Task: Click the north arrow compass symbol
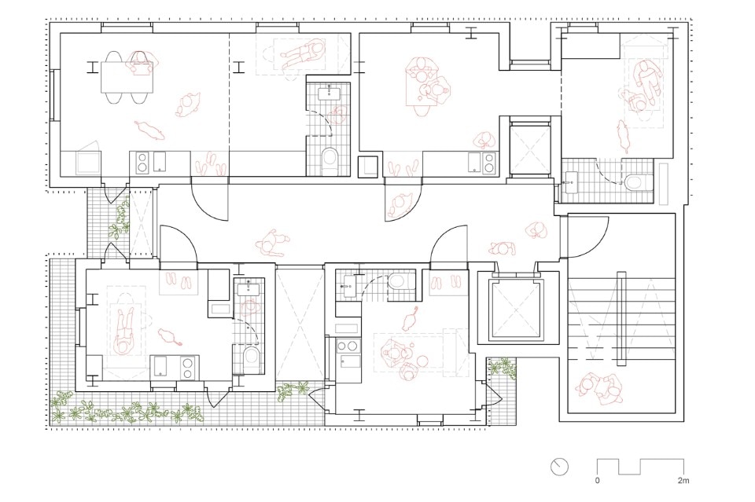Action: click(x=559, y=467)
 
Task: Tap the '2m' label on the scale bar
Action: click(x=683, y=480)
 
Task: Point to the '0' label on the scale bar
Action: click(x=598, y=480)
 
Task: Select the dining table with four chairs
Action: click(x=127, y=78)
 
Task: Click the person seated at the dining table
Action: click(x=140, y=64)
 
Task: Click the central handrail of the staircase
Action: click(x=621, y=318)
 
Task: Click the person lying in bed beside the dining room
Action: click(x=302, y=56)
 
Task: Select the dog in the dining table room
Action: click(x=149, y=129)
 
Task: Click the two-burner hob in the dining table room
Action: click(x=142, y=162)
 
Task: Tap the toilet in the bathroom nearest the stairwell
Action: click(x=639, y=181)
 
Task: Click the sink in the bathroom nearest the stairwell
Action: click(x=572, y=182)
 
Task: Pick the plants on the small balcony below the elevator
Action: click(x=502, y=367)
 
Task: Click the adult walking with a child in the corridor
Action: click(x=272, y=242)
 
